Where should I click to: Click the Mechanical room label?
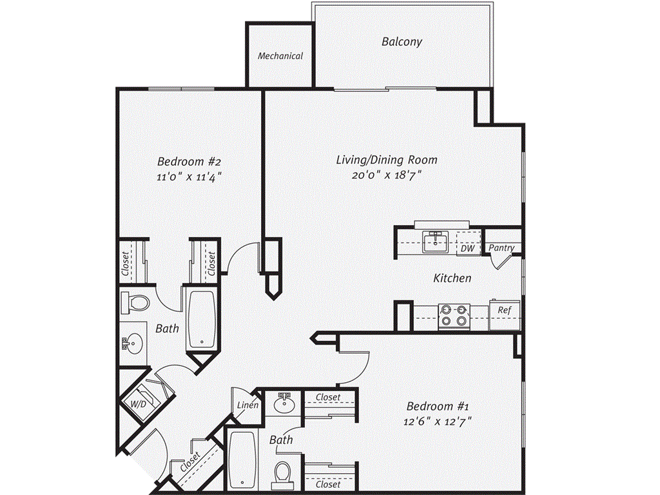tap(280, 56)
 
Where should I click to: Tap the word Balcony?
tap(402, 42)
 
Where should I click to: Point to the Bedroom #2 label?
tap(190, 161)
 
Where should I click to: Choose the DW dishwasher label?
tap(467, 247)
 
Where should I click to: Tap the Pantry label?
tap(501, 247)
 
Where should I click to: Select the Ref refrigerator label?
tap(504, 311)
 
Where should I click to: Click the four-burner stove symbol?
tap(453, 315)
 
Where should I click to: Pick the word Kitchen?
tap(452, 278)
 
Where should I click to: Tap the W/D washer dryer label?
tap(138, 404)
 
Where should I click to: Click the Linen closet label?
tap(248, 405)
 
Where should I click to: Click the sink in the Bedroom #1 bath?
tap(284, 404)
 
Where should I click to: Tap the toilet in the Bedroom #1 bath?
tap(282, 474)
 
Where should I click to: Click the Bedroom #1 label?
tap(437, 407)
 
